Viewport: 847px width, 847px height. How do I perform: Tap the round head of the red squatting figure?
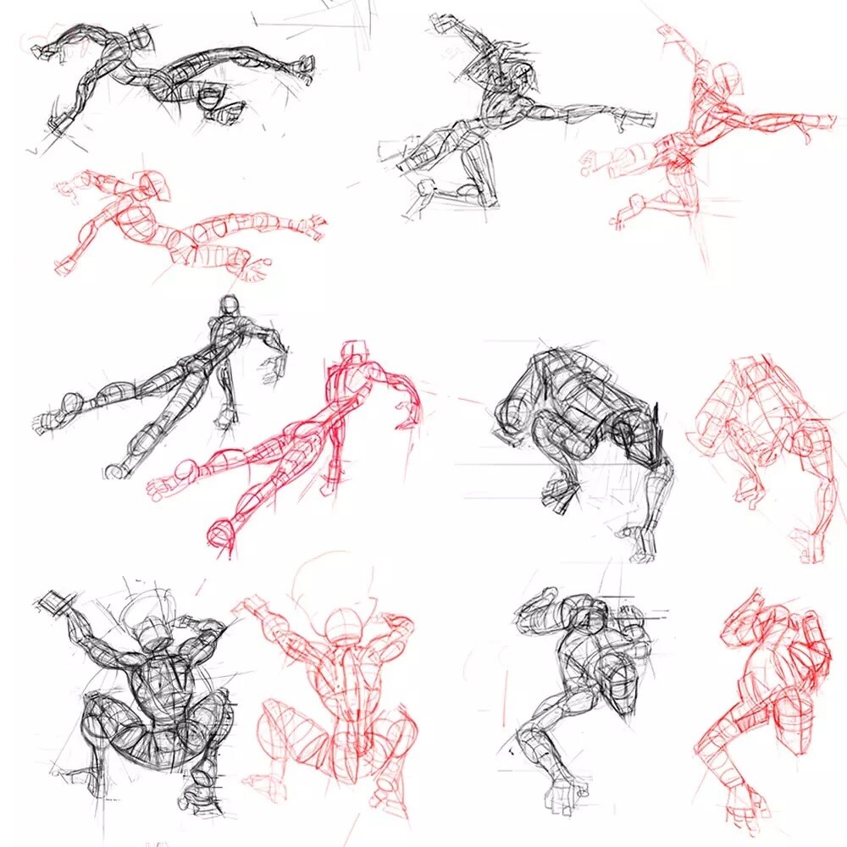pos(345,625)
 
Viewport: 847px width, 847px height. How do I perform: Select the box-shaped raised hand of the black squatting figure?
pos(56,604)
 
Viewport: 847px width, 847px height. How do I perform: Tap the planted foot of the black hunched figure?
pos(642,542)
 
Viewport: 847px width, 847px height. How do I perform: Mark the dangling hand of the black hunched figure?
pos(559,491)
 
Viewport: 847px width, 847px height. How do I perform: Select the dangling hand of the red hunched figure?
pos(750,490)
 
